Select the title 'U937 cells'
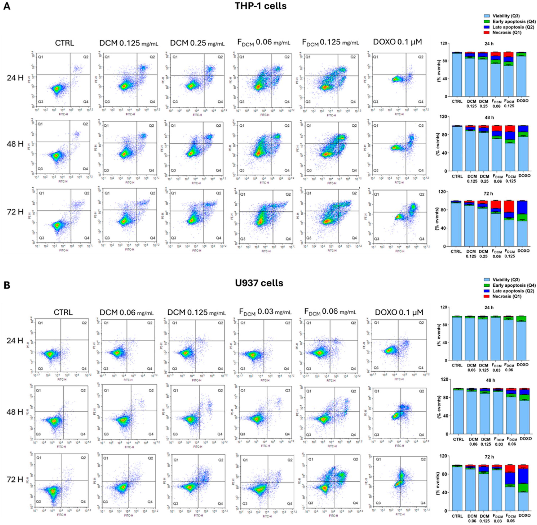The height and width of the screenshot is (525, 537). point(259,283)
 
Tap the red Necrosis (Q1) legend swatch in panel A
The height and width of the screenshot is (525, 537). point(487,33)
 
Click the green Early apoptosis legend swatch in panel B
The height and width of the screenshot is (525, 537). point(487,285)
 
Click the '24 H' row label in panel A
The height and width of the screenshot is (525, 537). point(15,78)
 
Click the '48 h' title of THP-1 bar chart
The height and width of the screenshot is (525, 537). point(489,117)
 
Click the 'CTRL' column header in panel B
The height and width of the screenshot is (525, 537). point(63,312)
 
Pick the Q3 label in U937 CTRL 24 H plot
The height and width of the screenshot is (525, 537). point(40,369)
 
